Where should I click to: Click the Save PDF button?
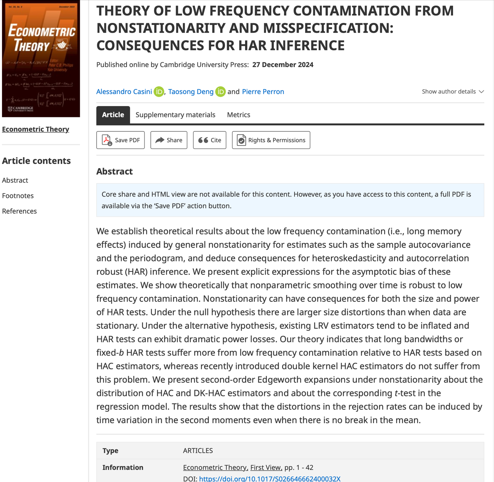(x=120, y=140)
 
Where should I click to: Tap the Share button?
(x=169, y=140)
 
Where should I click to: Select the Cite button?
(x=210, y=140)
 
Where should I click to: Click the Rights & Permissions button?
(x=271, y=140)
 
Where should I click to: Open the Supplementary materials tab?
(x=175, y=115)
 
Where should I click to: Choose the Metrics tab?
(x=238, y=115)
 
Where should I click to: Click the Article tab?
(x=113, y=115)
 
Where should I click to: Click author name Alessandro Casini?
(x=124, y=92)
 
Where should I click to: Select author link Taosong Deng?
(x=191, y=92)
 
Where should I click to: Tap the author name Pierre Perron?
(x=263, y=92)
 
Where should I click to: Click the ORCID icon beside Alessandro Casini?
(x=159, y=92)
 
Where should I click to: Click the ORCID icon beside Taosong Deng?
(x=221, y=92)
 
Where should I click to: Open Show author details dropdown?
(x=453, y=92)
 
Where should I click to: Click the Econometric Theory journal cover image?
(x=41, y=58)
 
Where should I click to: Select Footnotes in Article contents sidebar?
(x=18, y=196)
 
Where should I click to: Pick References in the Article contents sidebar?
(x=19, y=211)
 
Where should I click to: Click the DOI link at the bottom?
(x=270, y=478)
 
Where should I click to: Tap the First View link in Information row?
(x=266, y=467)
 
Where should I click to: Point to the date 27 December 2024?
(x=283, y=65)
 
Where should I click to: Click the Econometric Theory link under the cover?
(x=35, y=129)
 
